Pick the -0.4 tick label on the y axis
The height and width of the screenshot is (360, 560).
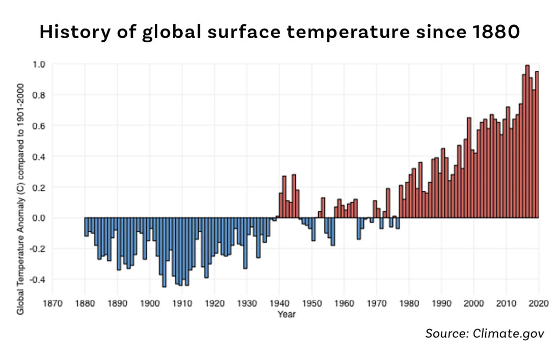click(x=37, y=279)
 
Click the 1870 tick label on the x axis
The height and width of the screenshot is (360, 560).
click(x=52, y=303)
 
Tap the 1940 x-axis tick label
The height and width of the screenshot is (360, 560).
click(x=279, y=303)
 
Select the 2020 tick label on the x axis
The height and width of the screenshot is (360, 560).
click(x=539, y=303)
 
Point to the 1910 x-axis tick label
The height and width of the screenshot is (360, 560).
click(x=182, y=303)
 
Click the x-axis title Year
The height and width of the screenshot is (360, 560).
click(x=287, y=314)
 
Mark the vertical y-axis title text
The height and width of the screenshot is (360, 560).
click(x=20, y=199)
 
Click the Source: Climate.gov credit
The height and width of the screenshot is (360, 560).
click(x=485, y=333)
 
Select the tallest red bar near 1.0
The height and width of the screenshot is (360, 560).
click(x=527, y=142)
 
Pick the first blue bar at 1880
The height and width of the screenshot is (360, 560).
click(x=87, y=227)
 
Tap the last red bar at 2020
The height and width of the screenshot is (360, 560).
click(x=537, y=145)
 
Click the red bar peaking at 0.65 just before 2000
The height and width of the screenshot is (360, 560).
click(x=469, y=168)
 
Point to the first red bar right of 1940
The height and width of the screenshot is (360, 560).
click(x=281, y=205)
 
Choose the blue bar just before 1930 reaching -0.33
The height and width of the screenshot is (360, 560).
click(x=245, y=243)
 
